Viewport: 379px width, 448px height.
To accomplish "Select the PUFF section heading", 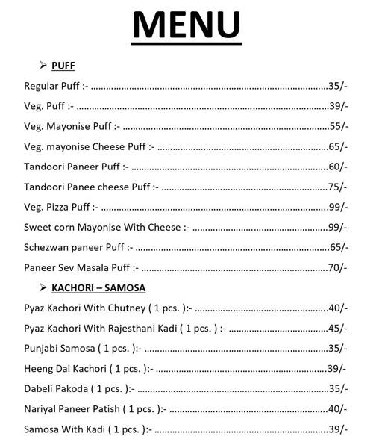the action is pyautogui.click(x=63, y=66).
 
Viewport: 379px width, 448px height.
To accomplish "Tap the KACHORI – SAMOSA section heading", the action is pyautogui.click(x=98, y=287).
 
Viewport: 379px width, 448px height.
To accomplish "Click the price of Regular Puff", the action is pyautogui.click(x=338, y=86).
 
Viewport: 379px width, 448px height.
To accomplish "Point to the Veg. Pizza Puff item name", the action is pyautogui.click(x=57, y=207).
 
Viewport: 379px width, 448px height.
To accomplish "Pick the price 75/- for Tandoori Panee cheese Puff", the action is pyautogui.click(x=338, y=187).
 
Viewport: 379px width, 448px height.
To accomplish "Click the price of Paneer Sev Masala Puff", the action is pyautogui.click(x=338, y=267).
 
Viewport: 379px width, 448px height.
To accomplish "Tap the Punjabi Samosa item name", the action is pyautogui.click(x=59, y=348).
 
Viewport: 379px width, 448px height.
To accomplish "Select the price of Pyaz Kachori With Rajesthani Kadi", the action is pyautogui.click(x=338, y=328).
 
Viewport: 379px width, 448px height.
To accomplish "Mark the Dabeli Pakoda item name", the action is pyautogui.click(x=57, y=388).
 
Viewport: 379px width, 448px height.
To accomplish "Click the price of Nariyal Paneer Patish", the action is pyautogui.click(x=338, y=408).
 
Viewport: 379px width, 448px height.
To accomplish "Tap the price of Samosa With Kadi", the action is pyautogui.click(x=338, y=429).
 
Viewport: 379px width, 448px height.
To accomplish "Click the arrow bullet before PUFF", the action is pyautogui.click(x=43, y=66).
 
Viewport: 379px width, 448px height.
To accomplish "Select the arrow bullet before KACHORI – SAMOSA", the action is pyautogui.click(x=43, y=287).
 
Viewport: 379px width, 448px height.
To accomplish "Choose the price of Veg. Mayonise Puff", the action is pyautogui.click(x=338, y=126).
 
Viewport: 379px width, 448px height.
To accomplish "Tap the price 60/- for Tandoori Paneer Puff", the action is pyautogui.click(x=338, y=167).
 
